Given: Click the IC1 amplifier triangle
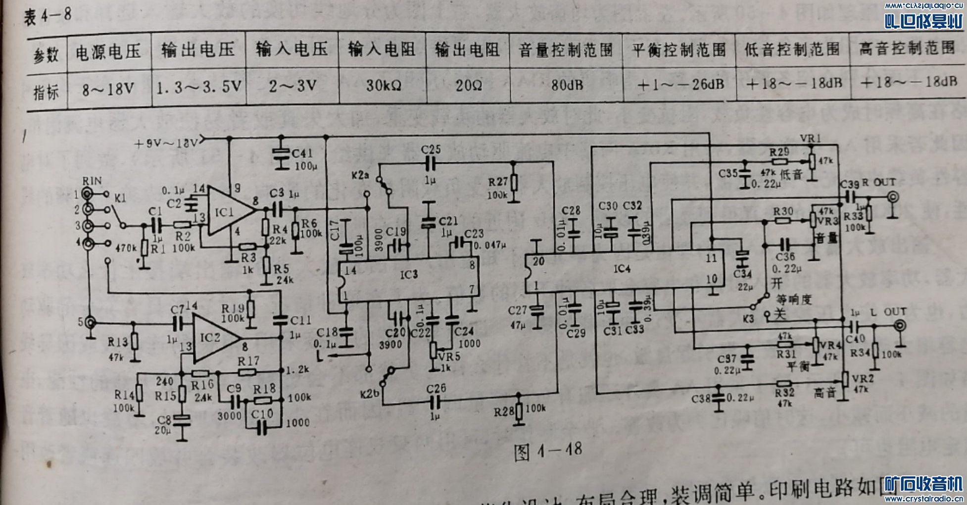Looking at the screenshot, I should click(x=228, y=212).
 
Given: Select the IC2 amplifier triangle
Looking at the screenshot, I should click(x=213, y=338).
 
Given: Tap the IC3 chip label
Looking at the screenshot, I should click(x=409, y=274).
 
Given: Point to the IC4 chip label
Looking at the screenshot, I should click(x=622, y=268).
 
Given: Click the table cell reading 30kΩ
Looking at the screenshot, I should click(x=383, y=86).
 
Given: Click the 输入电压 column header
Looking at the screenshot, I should click(x=292, y=50).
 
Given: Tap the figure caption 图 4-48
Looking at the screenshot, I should click(x=547, y=451).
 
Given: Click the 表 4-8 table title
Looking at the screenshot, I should click(x=48, y=16).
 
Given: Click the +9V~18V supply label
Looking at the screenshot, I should click(x=166, y=143).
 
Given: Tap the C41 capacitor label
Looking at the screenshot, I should click(x=302, y=153).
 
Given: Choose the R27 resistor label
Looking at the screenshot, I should click(x=498, y=182).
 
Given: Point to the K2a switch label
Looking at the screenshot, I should click(x=360, y=175).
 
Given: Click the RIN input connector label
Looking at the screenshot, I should click(x=92, y=181).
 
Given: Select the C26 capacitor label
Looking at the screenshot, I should click(x=436, y=389).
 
